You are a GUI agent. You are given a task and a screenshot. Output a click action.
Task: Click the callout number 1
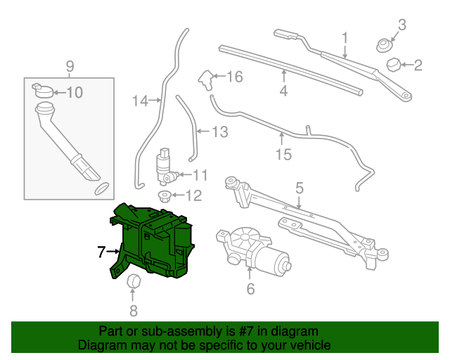[345, 37]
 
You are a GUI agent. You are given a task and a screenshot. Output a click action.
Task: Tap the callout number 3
[401, 26]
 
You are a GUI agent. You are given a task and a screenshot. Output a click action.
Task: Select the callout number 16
[234, 77]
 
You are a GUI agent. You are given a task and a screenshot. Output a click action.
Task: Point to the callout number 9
[70, 67]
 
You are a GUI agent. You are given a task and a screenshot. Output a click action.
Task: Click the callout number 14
[141, 101]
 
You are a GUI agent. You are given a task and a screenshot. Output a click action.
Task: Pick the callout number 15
[283, 154]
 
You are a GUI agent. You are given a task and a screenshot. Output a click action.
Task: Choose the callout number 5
[299, 188]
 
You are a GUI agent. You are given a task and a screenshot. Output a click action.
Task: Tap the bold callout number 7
[101, 250]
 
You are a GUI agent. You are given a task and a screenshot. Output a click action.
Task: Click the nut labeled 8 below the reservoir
[134, 283]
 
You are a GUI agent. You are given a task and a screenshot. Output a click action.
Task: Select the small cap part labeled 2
[394, 66]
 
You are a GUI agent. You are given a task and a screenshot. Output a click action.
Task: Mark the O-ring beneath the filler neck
[101, 188]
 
